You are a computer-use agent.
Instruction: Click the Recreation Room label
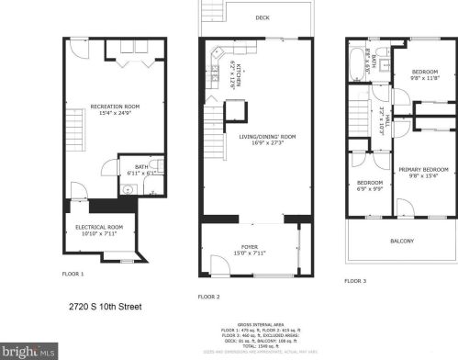(x=114, y=109)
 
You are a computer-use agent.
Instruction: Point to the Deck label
(x=263, y=17)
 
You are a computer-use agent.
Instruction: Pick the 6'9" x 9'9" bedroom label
(x=370, y=186)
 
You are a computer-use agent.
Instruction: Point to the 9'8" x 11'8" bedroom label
(x=424, y=74)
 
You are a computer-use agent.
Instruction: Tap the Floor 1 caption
(x=73, y=273)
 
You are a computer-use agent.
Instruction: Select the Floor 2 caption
(x=210, y=297)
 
